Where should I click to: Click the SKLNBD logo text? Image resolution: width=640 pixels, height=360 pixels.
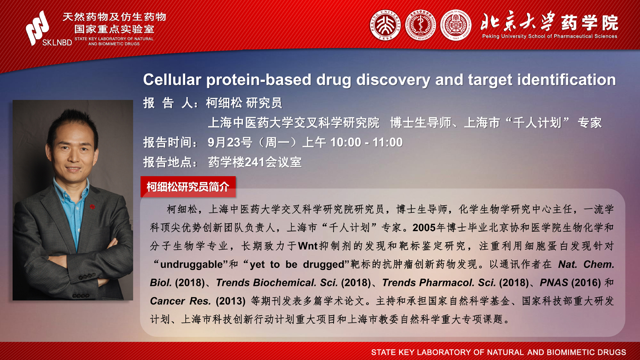point(57,43)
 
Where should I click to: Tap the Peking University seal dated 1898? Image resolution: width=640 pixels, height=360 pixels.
point(385,25)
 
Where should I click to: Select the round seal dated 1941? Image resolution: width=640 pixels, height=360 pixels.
point(455,25)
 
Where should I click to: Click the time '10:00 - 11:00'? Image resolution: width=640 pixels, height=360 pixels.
point(366,142)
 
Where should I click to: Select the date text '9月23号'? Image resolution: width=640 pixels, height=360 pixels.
point(230,142)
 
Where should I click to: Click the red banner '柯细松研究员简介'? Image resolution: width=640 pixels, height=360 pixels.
point(188,186)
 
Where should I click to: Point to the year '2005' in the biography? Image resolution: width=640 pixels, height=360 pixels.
point(424,228)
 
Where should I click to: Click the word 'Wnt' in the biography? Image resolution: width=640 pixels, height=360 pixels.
point(308,246)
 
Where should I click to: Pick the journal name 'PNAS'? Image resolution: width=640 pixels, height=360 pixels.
point(554,282)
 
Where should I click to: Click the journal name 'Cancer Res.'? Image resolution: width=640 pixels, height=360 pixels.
point(180,301)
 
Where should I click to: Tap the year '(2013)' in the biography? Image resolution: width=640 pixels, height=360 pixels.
point(230,301)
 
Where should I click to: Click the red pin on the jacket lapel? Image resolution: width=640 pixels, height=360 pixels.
point(92,206)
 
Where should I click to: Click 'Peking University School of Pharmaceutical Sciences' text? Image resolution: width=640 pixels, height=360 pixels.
point(550,36)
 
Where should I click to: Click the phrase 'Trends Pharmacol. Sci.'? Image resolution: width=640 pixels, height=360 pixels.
point(439,282)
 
